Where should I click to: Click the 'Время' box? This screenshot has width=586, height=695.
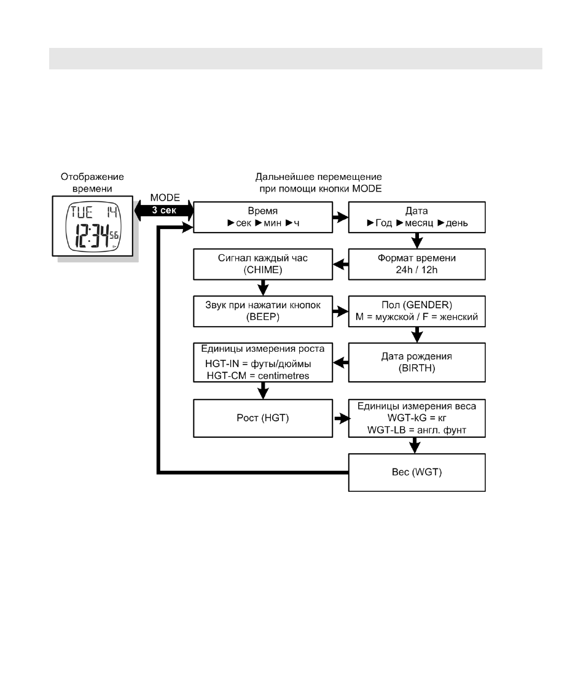tap(263, 217)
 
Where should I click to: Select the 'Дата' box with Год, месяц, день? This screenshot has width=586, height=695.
tap(416, 217)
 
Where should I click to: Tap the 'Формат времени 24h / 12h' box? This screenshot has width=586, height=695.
tap(416, 264)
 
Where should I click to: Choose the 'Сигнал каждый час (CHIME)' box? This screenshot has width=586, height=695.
tap(263, 264)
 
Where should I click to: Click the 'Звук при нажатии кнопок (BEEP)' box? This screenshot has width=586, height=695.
tap(263, 311)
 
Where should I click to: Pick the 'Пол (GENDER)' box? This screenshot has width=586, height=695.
tap(416, 311)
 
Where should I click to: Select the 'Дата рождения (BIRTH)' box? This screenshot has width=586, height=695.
tap(416, 362)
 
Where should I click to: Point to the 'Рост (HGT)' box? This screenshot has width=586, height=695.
tap(263, 418)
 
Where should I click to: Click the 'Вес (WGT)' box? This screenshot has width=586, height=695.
tap(416, 472)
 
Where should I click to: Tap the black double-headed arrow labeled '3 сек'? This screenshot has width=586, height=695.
tap(164, 210)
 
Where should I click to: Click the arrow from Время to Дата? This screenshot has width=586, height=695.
tap(340, 217)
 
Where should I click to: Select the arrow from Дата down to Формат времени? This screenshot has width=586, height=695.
tap(416, 241)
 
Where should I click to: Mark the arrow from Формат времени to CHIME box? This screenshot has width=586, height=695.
tap(340, 265)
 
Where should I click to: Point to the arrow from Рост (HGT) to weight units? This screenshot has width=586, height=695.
tap(342, 418)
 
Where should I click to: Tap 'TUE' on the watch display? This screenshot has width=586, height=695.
tap(82, 212)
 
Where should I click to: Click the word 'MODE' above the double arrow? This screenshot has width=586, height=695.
tap(165, 198)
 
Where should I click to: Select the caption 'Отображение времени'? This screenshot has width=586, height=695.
tap(92, 182)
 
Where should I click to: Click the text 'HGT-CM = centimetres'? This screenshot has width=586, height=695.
tap(258, 376)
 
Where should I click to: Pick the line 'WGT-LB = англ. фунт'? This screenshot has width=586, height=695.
tap(416, 430)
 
